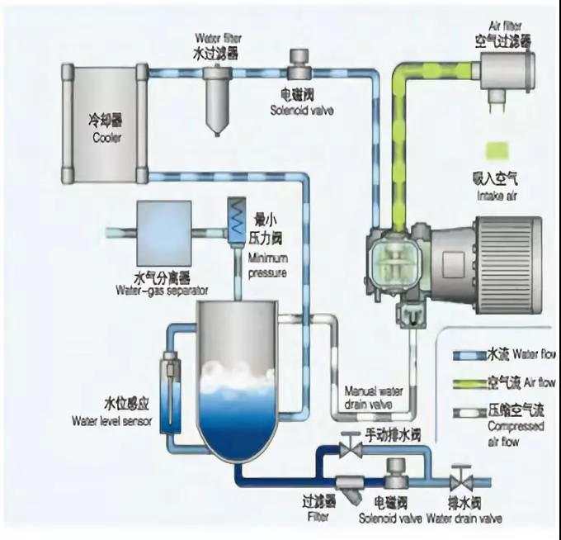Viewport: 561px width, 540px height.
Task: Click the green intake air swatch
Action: pos(497,150)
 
